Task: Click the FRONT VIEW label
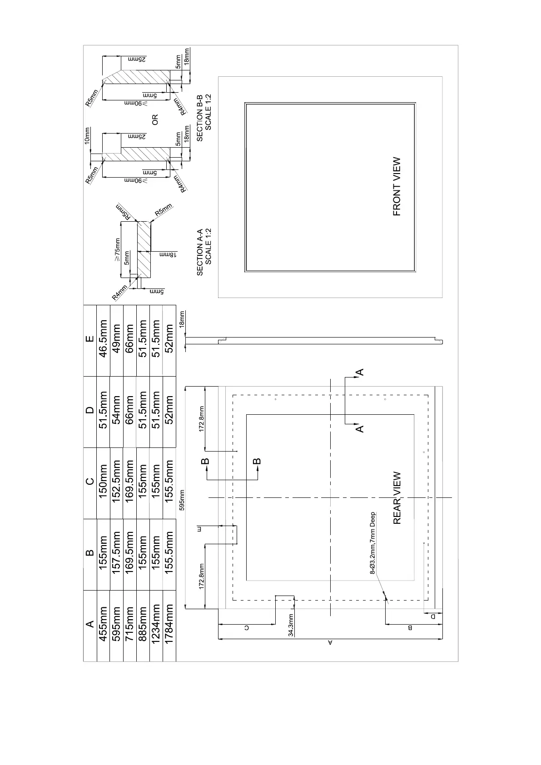coord(397,186)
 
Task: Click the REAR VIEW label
coord(397,498)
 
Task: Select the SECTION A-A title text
coord(200,253)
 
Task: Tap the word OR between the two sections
coord(155,120)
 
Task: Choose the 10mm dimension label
coord(88,136)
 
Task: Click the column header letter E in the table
coord(90,338)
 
